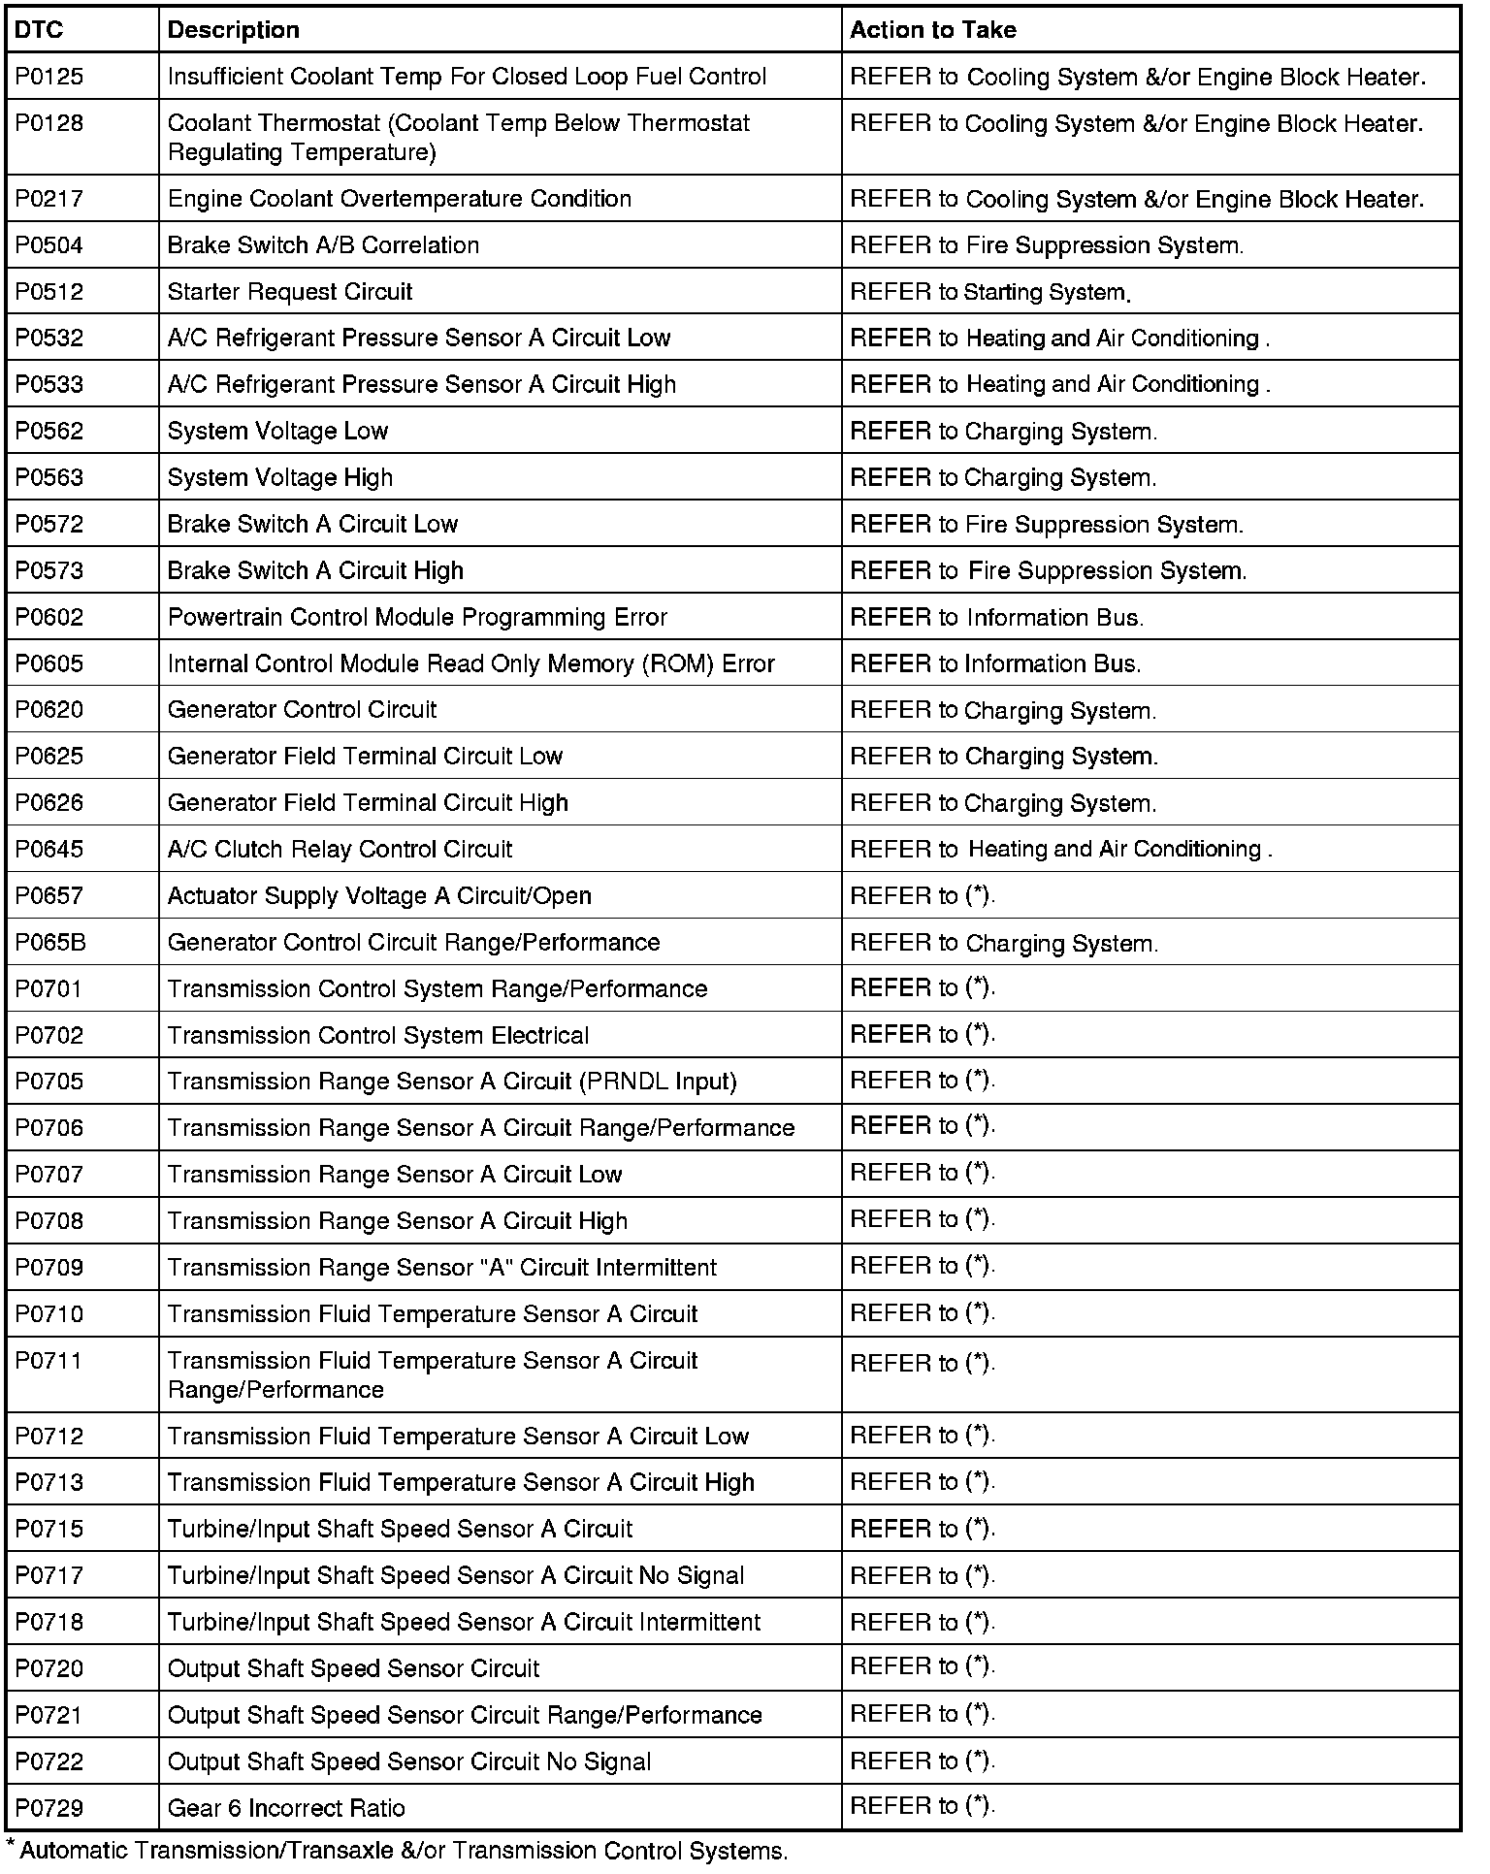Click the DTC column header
tap(39, 30)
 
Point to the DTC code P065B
tap(50, 942)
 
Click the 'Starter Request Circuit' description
tap(290, 292)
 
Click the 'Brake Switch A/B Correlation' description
tap(323, 245)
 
